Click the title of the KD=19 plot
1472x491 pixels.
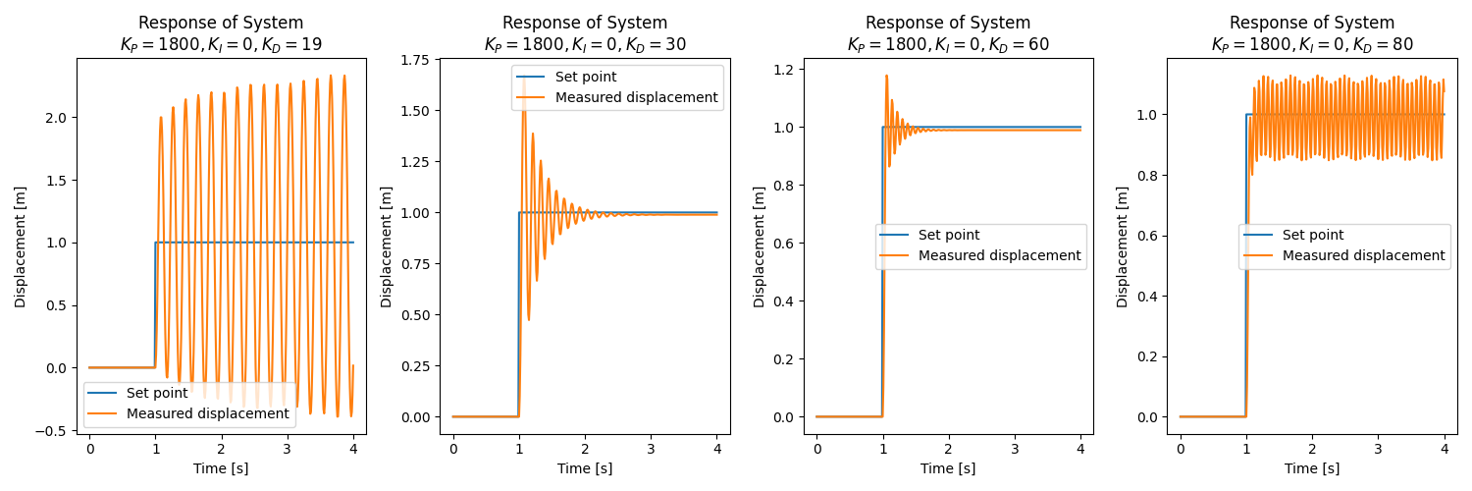coord(221,33)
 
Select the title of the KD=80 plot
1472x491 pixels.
coord(1312,33)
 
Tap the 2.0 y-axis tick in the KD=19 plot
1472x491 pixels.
coord(58,118)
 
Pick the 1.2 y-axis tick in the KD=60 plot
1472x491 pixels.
coord(785,70)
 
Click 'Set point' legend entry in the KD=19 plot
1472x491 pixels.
coord(157,394)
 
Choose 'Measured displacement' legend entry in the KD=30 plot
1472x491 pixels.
coord(636,97)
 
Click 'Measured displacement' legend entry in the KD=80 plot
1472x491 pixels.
coord(1363,255)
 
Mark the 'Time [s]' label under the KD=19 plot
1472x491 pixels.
coord(221,468)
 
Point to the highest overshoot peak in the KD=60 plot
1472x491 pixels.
coord(887,75)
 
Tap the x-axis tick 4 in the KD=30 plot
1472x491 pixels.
coord(716,449)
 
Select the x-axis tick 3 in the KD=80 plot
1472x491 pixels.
coord(1378,449)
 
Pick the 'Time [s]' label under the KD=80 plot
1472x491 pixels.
coord(1312,468)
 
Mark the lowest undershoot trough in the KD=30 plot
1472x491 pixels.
coord(529,320)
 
